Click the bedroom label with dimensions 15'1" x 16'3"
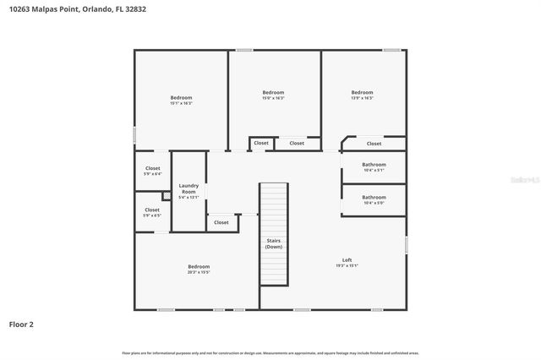tap(181, 100)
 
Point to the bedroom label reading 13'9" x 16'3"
tap(362, 95)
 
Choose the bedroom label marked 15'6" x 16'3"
tap(273, 95)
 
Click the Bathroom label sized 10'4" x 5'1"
tap(374, 166)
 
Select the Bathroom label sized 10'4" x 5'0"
tap(374, 199)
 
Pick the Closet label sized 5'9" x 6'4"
tap(152, 171)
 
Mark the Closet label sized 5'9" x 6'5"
tap(152, 212)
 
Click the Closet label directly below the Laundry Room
tap(221, 222)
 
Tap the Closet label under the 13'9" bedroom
tap(374, 144)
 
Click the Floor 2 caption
tap(22, 324)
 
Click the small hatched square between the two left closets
tap(167, 195)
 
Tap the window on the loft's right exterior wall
tap(406, 244)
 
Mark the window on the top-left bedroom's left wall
tap(135, 134)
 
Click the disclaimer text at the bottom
tap(270, 352)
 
